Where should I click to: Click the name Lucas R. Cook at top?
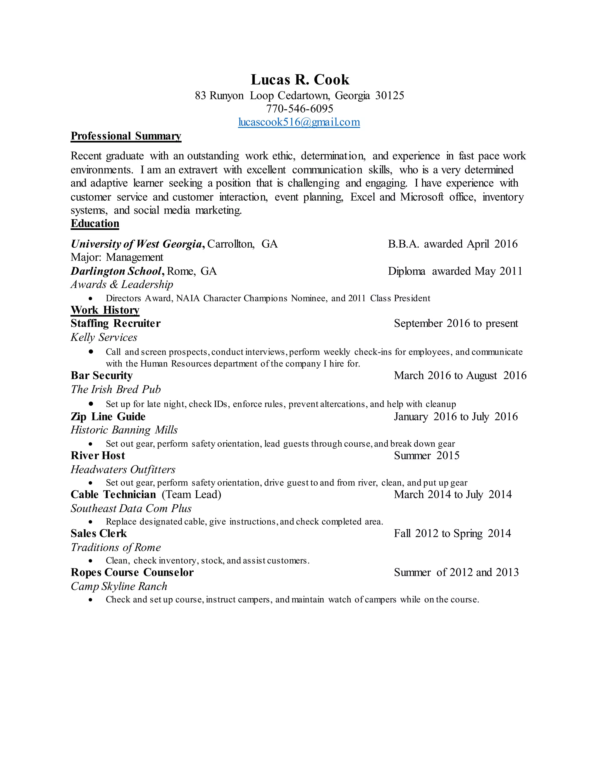click(x=300, y=80)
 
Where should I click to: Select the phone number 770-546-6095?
click(x=299, y=108)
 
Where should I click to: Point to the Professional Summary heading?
click(x=126, y=136)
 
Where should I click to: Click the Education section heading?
click(x=95, y=223)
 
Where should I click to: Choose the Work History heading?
click(x=105, y=310)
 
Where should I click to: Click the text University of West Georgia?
click(x=136, y=244)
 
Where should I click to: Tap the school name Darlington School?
click(x=116, y=271)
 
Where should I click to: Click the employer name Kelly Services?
click(x=104, y=337)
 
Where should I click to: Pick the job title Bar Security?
click(x=101, y=376)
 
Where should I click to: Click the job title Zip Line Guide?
click(x=108, y=416)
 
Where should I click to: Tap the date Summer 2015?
click(x=426, y=455)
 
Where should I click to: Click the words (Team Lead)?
click(x=191, y=494)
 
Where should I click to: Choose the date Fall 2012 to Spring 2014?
click(x=452, y=533)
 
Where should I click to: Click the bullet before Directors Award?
click(x=91, y=298)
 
